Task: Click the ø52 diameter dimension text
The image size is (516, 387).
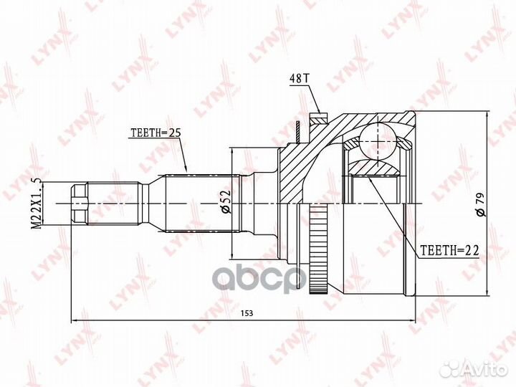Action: tap(225, 203)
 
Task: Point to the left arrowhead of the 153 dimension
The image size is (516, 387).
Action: tap(74, 320)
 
